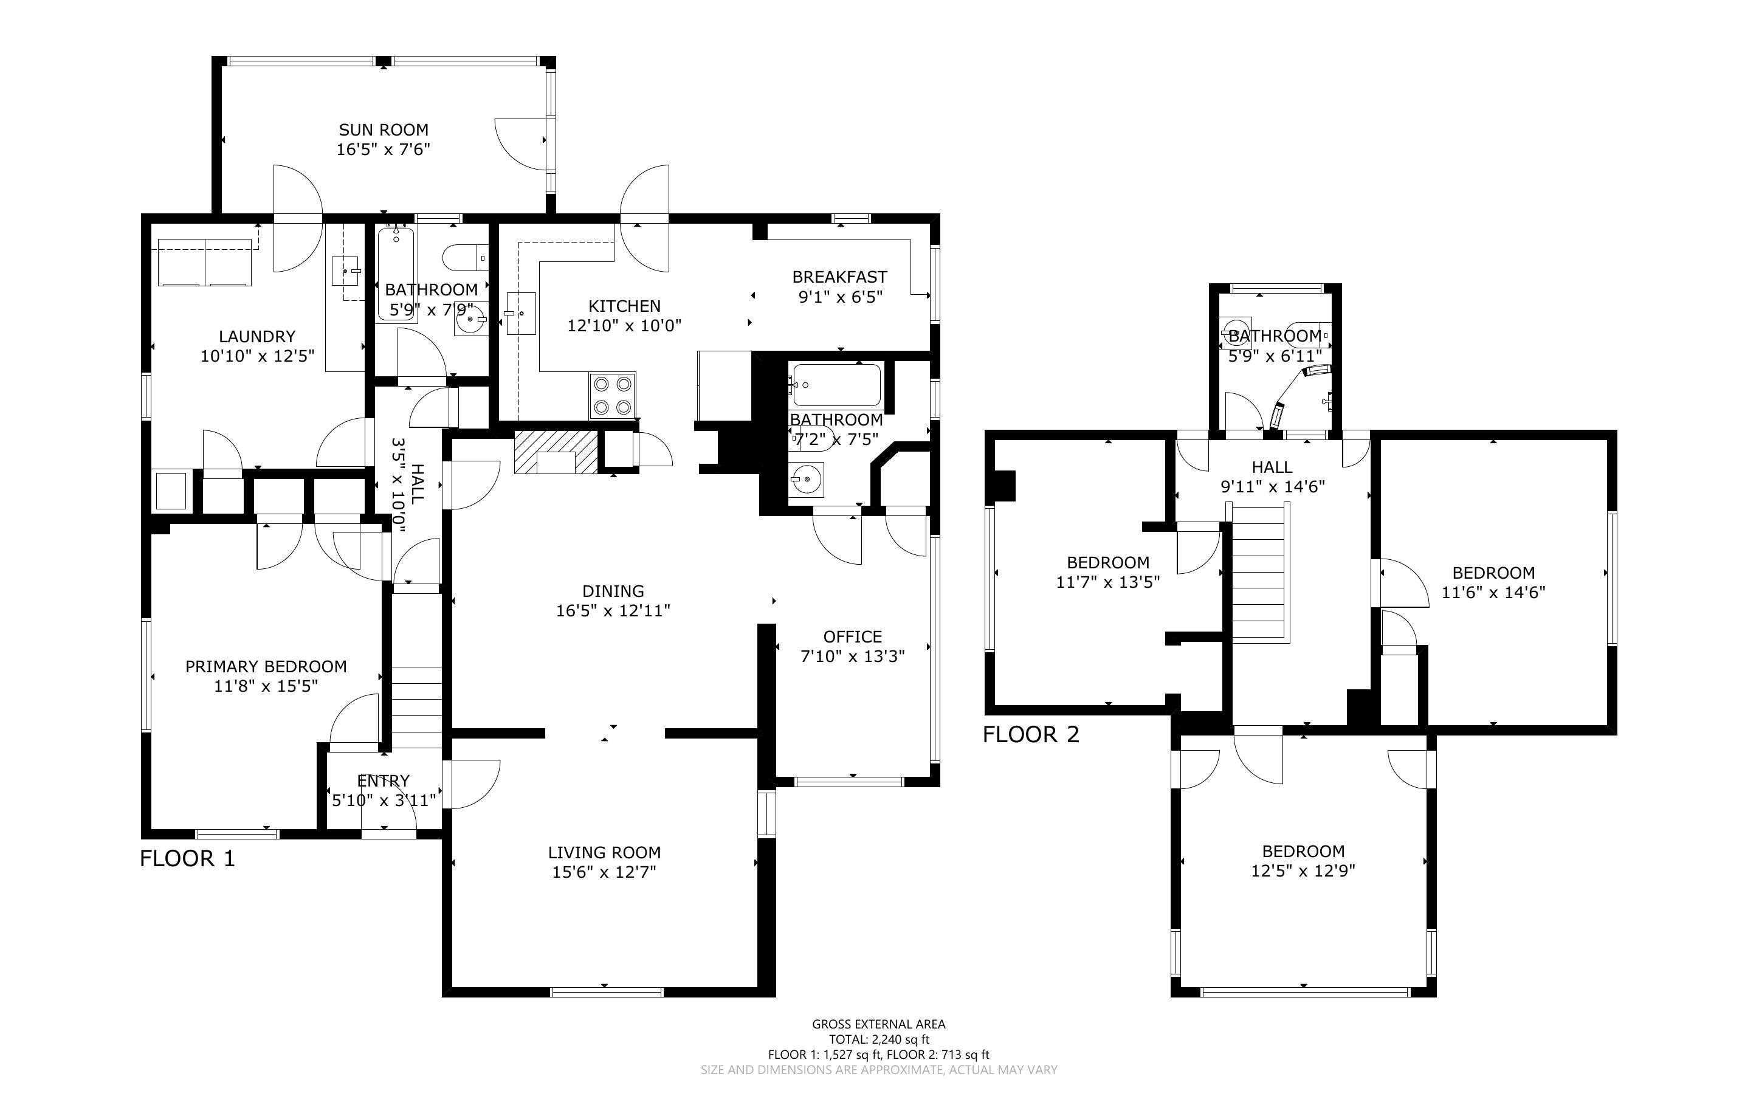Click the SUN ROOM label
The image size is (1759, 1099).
coord(384,130)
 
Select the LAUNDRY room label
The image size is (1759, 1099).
coord(257,337)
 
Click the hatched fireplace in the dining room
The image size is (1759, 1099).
coord(556,452)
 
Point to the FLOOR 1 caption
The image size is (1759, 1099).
coord(187,858)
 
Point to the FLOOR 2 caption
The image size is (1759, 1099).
coord(1031,734)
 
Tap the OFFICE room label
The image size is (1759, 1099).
coord(852,636)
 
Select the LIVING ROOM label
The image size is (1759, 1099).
coord(605,853)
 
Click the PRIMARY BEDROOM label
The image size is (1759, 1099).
coord(266,667)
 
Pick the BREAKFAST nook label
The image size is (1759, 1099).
coord(840,277)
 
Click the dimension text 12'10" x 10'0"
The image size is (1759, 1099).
coord(624,326)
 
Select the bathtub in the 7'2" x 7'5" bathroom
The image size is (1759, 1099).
coord(836,385)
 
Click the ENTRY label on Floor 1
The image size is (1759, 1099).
coord(384,780)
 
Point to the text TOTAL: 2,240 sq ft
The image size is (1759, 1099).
coord(879,1039)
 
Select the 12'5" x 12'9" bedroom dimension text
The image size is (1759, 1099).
coord(1304,871)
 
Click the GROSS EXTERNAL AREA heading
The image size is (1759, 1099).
coord(879,1024)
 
